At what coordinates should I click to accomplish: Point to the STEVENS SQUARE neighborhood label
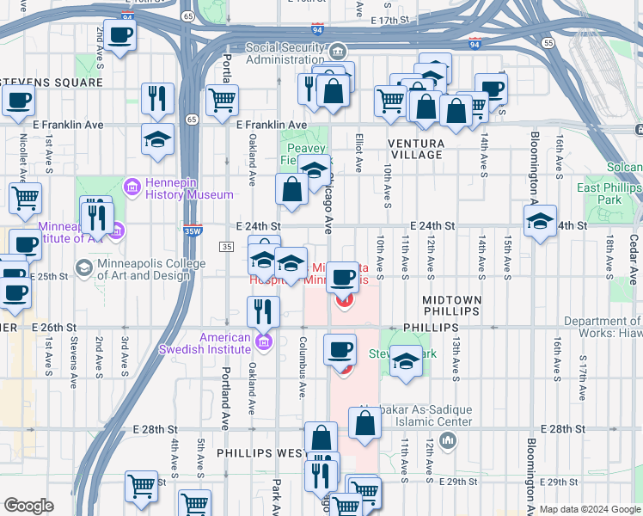click(52, 83)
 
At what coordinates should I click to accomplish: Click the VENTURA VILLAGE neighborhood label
click(415, 149)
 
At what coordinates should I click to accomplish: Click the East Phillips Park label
click(611, 193)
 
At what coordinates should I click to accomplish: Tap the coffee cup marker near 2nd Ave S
click(119, 35)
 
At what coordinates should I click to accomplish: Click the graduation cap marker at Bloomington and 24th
click(539, 221)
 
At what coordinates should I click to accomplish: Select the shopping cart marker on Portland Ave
click(223, 99)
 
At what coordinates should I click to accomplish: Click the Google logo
click(28, 506)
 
